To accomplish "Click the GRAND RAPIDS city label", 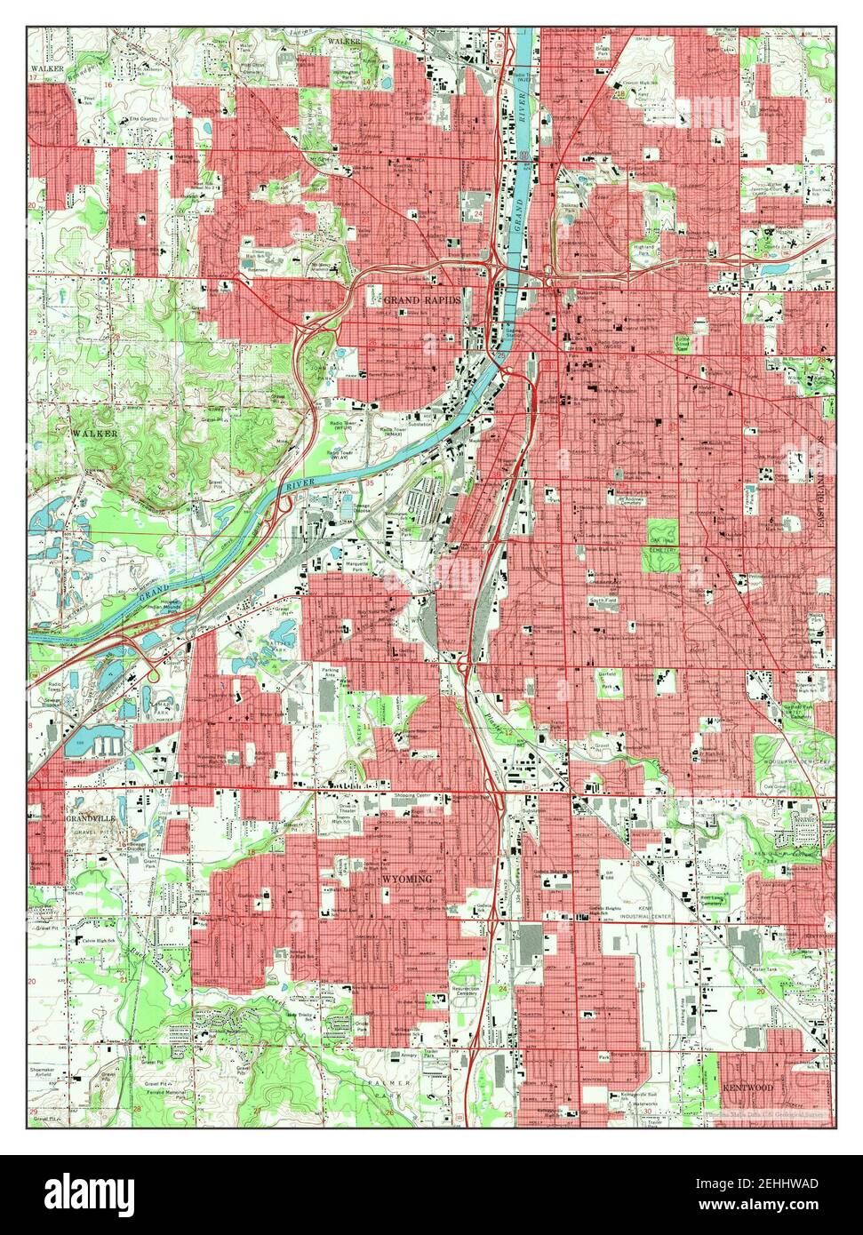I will point(422,300).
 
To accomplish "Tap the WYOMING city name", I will point(406,879).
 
